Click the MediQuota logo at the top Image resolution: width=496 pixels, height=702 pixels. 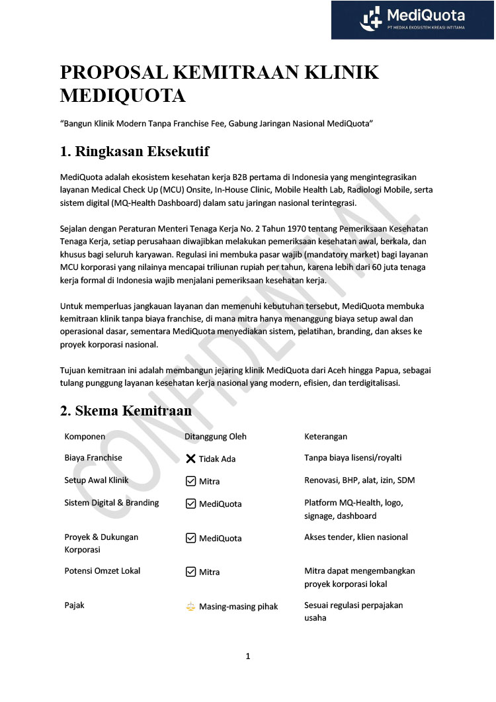[x=412, y=19]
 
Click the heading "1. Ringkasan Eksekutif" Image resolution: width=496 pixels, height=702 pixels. [x=134, y=152]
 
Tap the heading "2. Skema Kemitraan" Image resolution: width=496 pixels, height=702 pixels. [x=126, y=411]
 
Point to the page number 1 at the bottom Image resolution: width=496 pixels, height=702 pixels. [x=248, y=656]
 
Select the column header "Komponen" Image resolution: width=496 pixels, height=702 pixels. [x=85, y=437]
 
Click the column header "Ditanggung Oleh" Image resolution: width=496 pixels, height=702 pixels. [x=216, y=437]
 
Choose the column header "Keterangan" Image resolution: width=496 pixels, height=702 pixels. [x=325, y=437]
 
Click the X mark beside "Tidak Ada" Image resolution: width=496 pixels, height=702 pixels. [x=190, y=459]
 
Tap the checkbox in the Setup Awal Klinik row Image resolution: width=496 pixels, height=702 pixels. [x=190, y=481]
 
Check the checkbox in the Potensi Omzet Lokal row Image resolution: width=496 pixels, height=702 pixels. [x=190, y=572]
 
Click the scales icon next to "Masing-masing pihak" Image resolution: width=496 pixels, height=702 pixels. [x=190, y=606]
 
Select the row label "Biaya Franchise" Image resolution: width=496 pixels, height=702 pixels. [x=93, y=458]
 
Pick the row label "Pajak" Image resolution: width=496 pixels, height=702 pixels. [x=74, y=605]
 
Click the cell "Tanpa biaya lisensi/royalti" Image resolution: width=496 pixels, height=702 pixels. [x=353, y=458]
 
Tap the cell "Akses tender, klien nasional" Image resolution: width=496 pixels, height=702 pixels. [x=356, y=537]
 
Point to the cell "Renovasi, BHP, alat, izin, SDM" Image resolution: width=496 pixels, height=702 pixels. [x=359, y=480]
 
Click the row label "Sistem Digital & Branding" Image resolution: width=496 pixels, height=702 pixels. [x=112, y=503]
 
